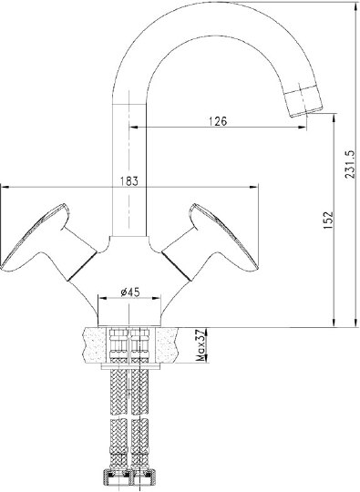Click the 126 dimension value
point(218,121)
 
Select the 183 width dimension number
point(129,181)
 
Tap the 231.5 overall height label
point(350,164)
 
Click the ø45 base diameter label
point(130,292)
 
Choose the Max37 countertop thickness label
point(201,345)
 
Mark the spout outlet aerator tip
point(303,101)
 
